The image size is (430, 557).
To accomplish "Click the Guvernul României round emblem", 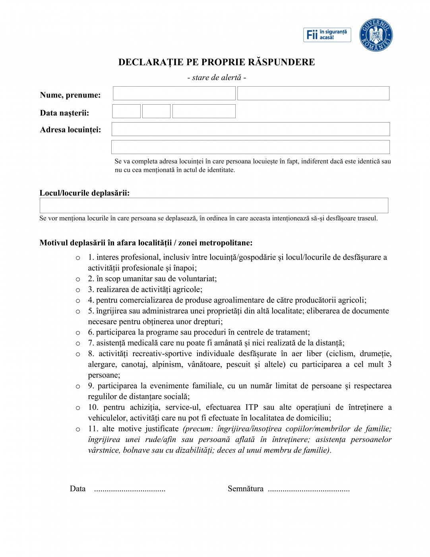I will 376,35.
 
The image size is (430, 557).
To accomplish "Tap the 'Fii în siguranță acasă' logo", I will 327,35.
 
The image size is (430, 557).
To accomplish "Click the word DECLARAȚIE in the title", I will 151,62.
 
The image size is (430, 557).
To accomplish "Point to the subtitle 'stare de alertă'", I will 217,78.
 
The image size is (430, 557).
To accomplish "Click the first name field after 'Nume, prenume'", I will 174,93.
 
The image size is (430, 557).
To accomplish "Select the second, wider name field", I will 313,93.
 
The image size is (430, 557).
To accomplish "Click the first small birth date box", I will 126,111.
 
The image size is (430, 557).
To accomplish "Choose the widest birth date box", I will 204,111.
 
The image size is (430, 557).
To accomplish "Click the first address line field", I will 250,129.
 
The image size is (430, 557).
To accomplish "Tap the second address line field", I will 250,147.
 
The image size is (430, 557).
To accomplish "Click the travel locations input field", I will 214,205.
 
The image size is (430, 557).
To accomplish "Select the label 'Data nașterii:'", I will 64,113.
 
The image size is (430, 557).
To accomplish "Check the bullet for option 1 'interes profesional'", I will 78,258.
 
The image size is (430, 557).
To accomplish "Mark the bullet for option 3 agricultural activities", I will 78,290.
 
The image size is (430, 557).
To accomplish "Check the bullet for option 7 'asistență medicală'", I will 78,343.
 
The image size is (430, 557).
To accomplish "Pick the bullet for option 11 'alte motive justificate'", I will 78,429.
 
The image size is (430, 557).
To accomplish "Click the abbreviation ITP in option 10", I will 252,407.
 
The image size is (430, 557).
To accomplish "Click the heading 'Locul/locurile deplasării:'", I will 85,193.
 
